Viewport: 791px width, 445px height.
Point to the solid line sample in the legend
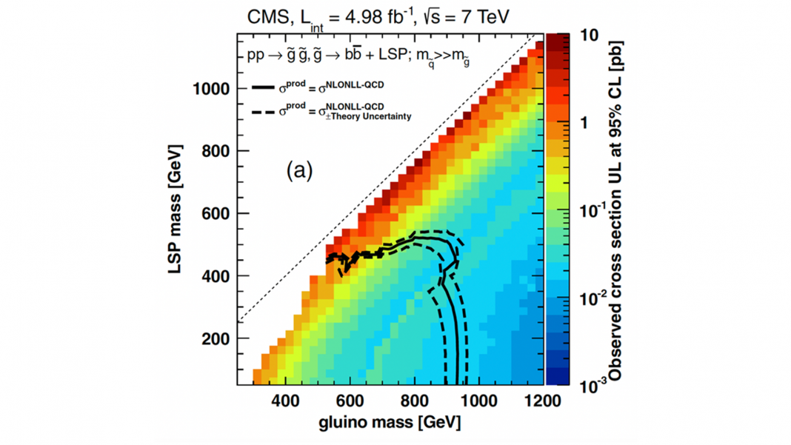[x=263, y=87]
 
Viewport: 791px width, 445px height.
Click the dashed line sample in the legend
[x=263, y=113]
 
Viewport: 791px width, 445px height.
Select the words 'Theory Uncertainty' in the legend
[x=375, y=116]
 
